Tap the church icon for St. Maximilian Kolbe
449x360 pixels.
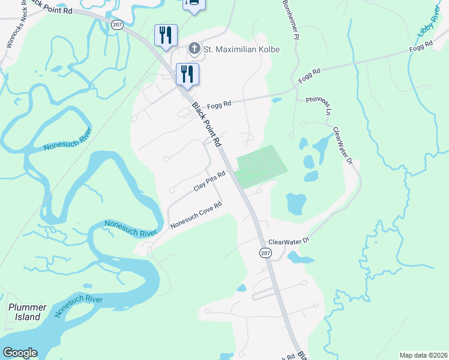click(x=194, y=48)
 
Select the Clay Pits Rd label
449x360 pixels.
click(x=209, y=181)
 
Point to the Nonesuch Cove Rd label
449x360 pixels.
click(x=196, y=215)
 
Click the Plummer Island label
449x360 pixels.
click(x=27, y=312)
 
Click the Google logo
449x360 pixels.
click(x=20, y=353)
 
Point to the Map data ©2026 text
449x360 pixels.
click(x=423, y=355)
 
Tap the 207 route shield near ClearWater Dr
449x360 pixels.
click(x=265, y=253)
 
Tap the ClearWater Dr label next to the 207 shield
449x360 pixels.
click(x=288, y=241)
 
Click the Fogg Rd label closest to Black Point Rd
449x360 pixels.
click(x=219, y=105)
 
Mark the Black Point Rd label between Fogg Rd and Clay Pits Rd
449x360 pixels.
click(x=207, y=125)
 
